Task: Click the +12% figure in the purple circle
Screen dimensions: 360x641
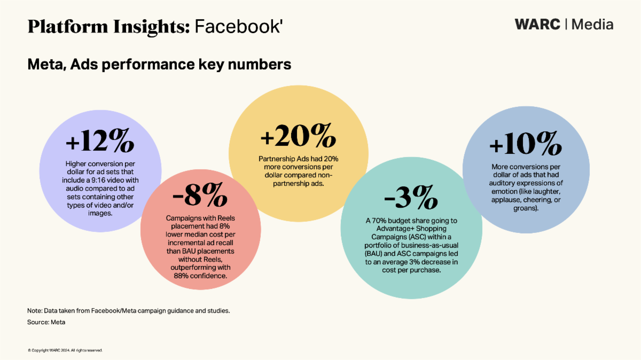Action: pos(99,142)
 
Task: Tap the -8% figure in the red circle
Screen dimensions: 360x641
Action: pos(197,198)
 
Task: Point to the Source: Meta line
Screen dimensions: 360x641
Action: pos(46,323)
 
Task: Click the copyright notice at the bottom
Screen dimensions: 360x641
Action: pos(65,350)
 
